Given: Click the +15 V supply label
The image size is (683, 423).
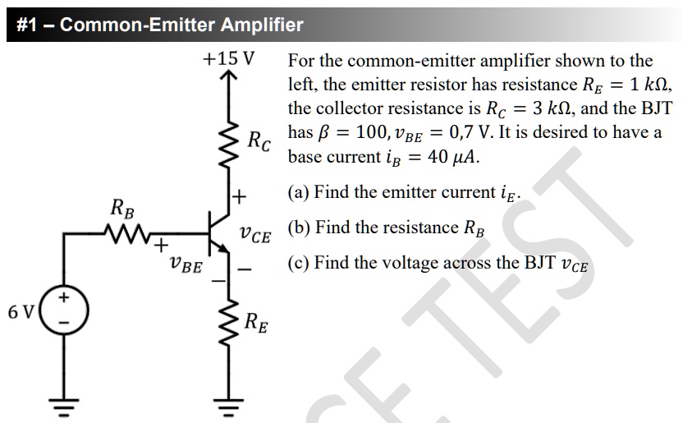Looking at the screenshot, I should (x=228, y=59).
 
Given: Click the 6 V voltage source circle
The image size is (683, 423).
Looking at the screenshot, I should (x=64, y=311).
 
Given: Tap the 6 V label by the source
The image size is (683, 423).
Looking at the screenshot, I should (x=21, y=312).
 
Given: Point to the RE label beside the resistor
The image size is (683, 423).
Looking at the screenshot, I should (x=256, y=321).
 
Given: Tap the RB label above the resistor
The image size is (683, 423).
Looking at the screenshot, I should (x=123, y=209).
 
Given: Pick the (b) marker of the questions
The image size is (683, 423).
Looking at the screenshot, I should (x=299, y=228).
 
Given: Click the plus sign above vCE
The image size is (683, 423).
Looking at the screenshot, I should (x=239, y=196).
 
